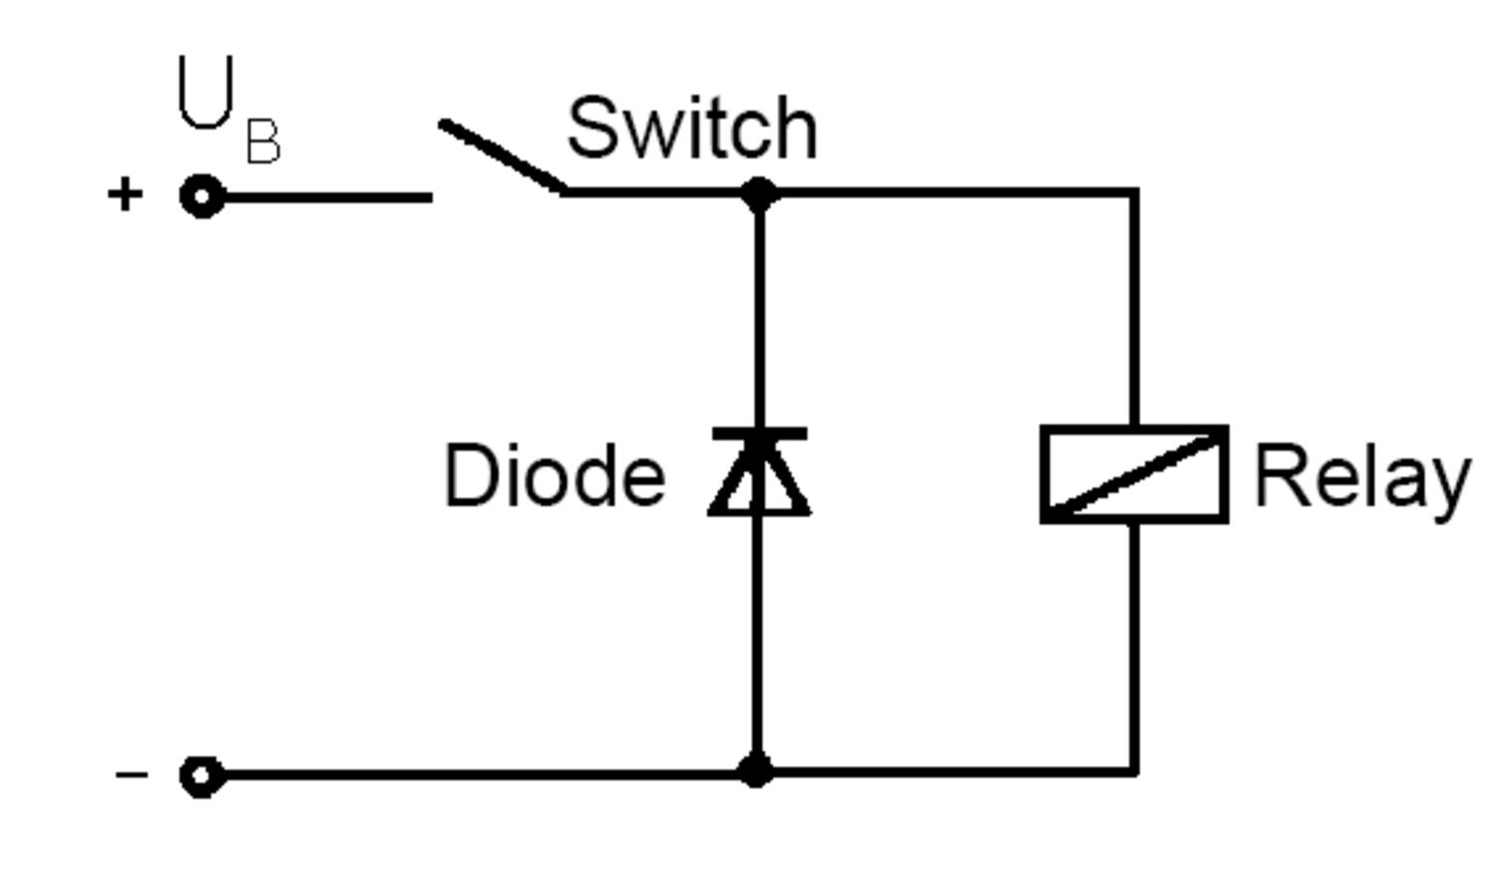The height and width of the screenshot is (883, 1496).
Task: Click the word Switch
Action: point(691,129)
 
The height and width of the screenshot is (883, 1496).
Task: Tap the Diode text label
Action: point(555,476)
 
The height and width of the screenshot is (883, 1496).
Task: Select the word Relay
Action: point(1361,478)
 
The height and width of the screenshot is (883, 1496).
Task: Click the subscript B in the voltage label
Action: point(263,143)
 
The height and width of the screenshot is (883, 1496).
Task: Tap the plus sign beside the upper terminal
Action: point(125,194)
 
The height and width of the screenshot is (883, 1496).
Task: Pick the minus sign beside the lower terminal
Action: point(132,774)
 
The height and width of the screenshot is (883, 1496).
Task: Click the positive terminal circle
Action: point(201,196)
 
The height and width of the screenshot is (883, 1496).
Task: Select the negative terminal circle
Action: point(201,775)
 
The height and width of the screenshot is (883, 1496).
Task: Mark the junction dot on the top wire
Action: point(759,193)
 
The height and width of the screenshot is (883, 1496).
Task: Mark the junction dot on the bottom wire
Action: point(756,771)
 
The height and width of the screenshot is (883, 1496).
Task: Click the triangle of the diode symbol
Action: point(759,480)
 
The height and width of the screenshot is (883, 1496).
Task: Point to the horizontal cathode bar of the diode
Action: point(759,434)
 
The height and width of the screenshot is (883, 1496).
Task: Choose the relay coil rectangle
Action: point(1134,474)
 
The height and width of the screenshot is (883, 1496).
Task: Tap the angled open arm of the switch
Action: point(502,155)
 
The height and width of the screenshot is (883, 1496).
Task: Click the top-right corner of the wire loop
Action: point(1134,191)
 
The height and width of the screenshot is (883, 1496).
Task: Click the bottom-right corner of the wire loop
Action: point(1134,771)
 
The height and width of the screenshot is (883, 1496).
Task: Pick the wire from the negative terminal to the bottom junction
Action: point(479,774)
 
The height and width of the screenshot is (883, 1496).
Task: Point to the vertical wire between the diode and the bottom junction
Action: point(757,638)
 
